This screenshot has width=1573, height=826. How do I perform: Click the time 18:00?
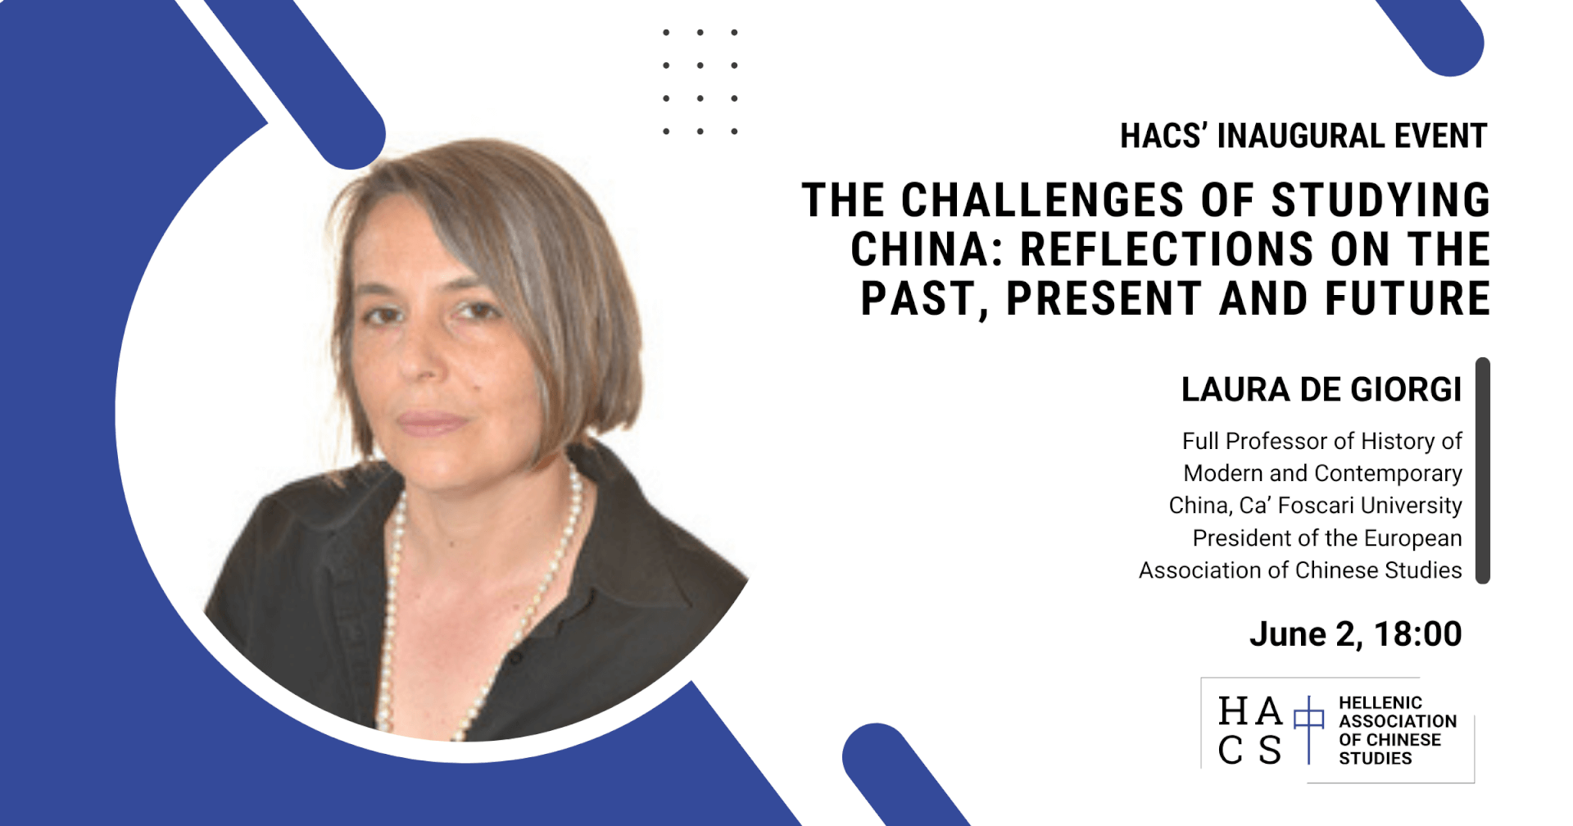click(1418, 634)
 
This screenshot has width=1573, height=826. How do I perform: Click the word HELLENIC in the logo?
click(1380, 703)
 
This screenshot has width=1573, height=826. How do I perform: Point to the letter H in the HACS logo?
click(1234, 711)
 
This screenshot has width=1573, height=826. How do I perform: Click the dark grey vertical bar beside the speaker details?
click(1482, 470)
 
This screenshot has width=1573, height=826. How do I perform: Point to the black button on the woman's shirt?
click(515, 657)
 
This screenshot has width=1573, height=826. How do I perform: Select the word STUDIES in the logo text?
click(1376, 759)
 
